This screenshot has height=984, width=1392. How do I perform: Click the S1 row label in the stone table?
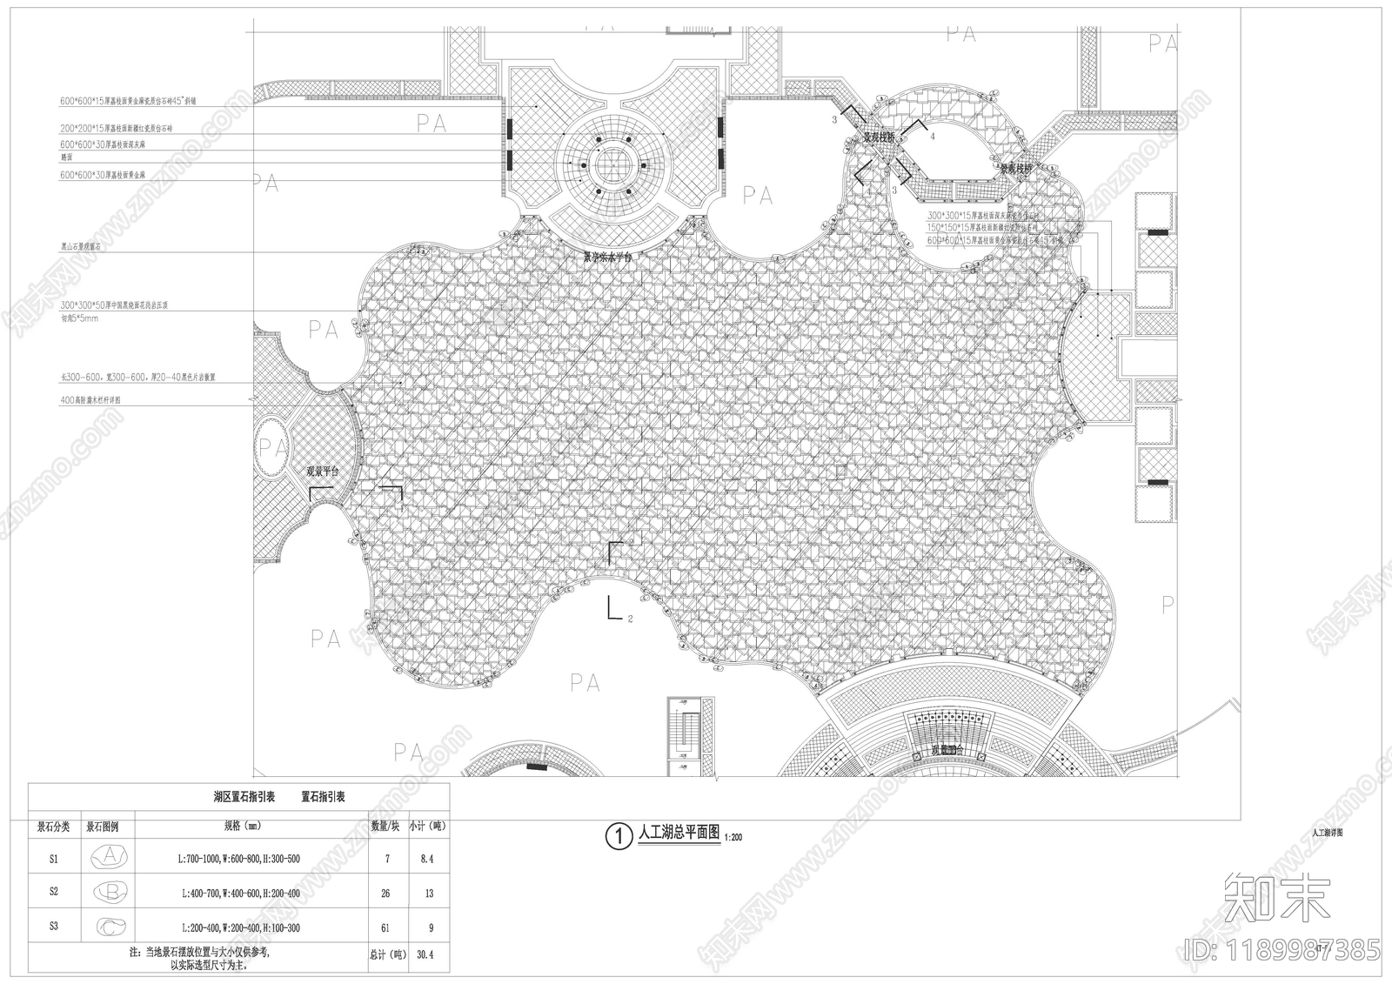pyautogui.click(x=54, y=859)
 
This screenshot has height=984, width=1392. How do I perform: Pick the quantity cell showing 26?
pyautogui.click(x=385, y=894)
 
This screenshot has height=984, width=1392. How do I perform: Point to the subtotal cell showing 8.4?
pyautogui.click(x=426, y=859)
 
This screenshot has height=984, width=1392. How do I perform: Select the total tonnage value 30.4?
pyautogui.click(x=425, y=954)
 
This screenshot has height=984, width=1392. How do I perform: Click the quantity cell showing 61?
pyautogui.click(x=385, y=928)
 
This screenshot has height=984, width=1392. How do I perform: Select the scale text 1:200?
pyautogui.click(x=732, y=838)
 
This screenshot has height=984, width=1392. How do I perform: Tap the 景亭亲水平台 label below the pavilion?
pyautogui.click(x=609, y=258)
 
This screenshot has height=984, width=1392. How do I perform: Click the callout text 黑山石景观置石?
pyautogui.click(x=87, y=247)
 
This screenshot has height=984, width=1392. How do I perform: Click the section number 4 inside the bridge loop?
pyautogui.click(x=933, y=137)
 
